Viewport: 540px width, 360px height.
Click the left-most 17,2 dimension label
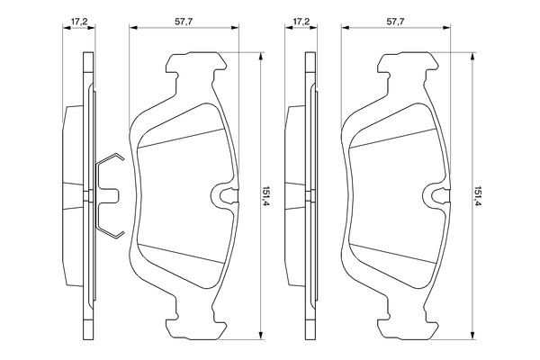[x=79, y=22]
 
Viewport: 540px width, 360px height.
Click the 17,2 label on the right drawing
[x=301, y=22]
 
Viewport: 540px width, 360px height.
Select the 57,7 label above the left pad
[x=184, y=22]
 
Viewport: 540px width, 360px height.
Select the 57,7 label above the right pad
[x=395, y=22]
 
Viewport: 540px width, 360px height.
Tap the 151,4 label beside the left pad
[x=265, y=197]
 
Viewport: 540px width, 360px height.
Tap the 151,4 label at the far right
[x=478, y=197]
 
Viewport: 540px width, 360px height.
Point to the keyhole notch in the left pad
[x=224, y=195]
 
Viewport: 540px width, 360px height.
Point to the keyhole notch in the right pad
[x=436, y=195]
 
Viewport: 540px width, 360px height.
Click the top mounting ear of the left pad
[x=196, y=63]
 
